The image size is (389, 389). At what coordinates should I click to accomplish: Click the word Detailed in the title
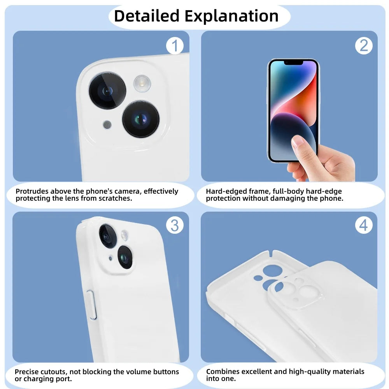[147, 16]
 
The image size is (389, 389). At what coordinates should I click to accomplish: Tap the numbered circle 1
[175, 46]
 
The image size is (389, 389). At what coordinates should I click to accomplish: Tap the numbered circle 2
[364, 46]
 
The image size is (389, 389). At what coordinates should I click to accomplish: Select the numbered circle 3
[175, 225]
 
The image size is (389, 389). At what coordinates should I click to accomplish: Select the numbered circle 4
[364, 225]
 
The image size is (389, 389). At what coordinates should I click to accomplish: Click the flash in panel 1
[142, 84]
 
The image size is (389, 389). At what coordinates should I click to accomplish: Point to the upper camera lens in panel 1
[107, 91]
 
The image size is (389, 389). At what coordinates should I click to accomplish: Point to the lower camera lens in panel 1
[141, 119]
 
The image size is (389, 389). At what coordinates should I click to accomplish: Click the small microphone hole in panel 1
[107, 124]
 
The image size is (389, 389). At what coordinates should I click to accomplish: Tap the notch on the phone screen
[293, 63]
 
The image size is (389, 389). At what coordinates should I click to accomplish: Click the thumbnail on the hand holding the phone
[298, 141]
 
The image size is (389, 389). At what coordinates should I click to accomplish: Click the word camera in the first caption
[128, 191]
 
